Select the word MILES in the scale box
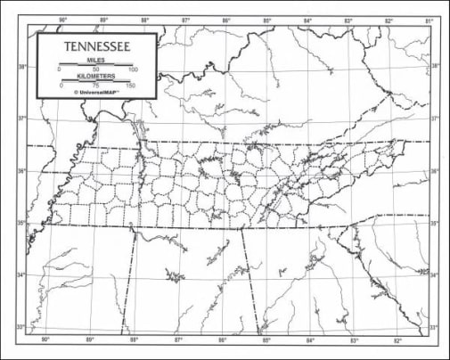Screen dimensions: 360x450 96,59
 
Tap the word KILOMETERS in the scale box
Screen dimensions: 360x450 96,77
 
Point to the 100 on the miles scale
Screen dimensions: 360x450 133,69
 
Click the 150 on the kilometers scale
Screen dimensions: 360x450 132,86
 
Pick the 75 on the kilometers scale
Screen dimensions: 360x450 96,86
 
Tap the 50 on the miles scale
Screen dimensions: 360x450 96,69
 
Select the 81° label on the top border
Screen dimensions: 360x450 428,20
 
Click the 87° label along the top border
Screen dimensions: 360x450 186,20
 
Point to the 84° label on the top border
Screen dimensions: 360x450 307,20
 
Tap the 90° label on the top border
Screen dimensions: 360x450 63,20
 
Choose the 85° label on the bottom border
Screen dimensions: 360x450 266,340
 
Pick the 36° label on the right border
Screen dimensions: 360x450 435,172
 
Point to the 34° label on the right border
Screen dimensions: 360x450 435,274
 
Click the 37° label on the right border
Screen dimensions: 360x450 435,119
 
